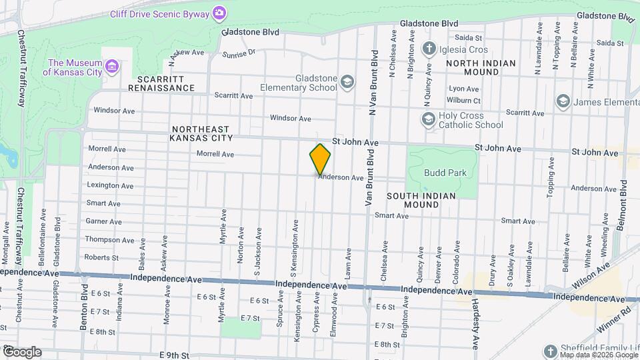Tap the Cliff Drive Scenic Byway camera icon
coord(219,12)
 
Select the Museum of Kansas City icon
coord(112,67)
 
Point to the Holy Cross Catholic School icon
coord(428,119)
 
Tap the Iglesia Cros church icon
coord(429,49)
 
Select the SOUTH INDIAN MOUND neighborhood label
coord(421,200)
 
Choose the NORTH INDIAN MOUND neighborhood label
coord(481,67)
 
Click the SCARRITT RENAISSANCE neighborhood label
coord(161,83)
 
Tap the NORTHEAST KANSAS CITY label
coord(201,133)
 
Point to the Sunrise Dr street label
coord(239,53)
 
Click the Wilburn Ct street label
coord(465,101)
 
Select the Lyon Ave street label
coord(464,89)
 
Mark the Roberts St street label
coord(101,257)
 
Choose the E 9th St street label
coord(175,355)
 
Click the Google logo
coord(21,351)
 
